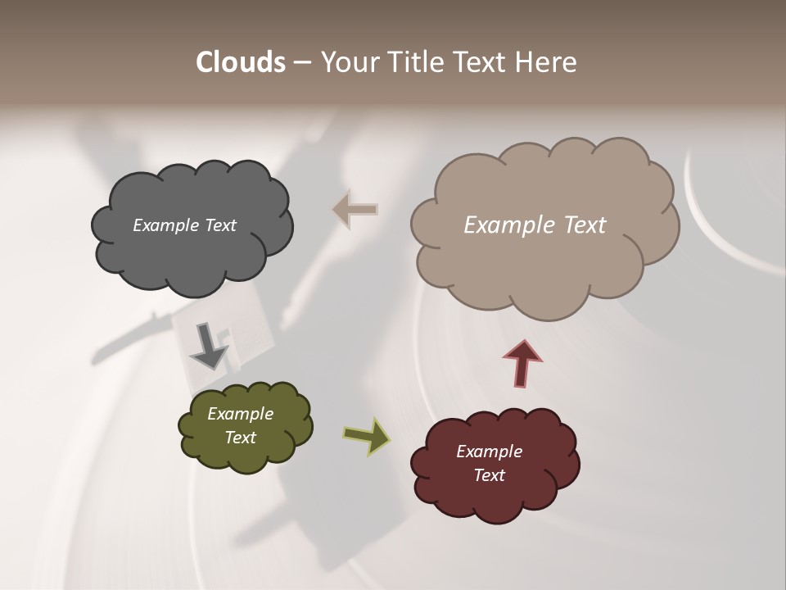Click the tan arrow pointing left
click(355, 209)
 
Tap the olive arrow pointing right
click(366, 436)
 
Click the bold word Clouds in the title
click(241, 62)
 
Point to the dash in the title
click(302, 62)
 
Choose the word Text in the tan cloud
click(585, 225)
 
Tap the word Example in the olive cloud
click(241, 414)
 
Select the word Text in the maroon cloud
click(490, 475)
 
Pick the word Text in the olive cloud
click(241, 438)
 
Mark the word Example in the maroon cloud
click(490, 452)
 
